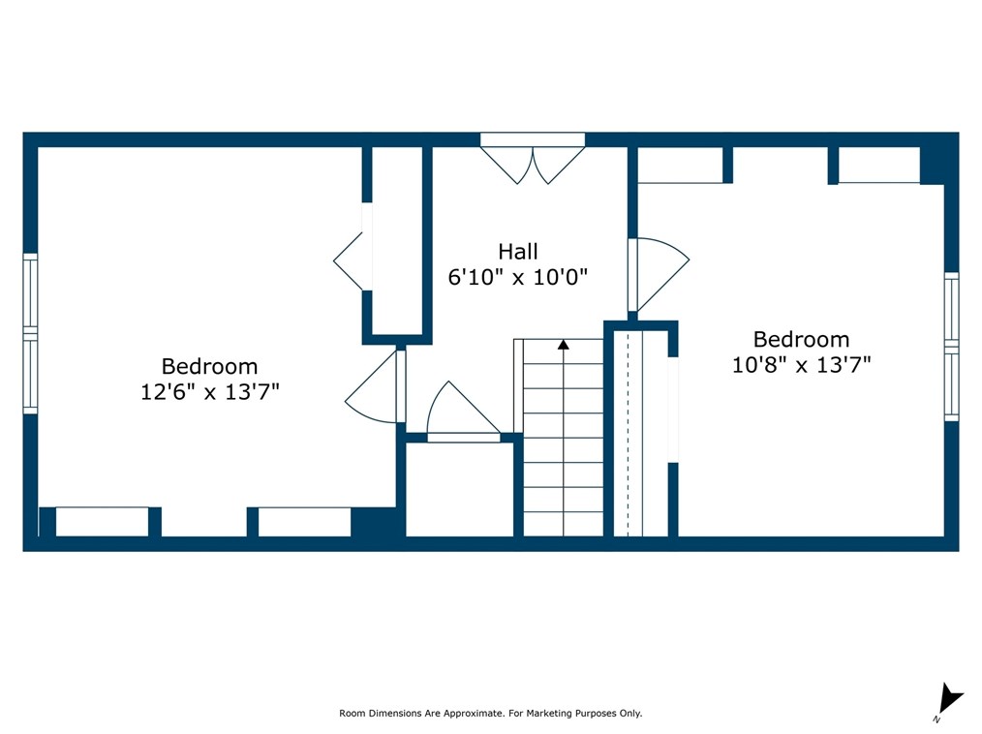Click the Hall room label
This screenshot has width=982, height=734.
point(518,251)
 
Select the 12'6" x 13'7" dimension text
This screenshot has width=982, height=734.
point(210,392)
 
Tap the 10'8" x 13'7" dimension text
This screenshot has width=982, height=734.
point(802,364)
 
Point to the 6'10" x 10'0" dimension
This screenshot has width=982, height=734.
point(518,276)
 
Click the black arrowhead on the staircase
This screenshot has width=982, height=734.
point(564,345)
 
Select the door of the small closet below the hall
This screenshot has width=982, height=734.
point(464,411)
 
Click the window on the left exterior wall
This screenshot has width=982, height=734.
point(30,333)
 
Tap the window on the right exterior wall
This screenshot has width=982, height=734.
point(951,347)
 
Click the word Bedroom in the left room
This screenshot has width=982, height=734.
point(210,366)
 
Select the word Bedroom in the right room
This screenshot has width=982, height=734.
point(802,340)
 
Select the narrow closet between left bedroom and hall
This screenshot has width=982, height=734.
point(397,241)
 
